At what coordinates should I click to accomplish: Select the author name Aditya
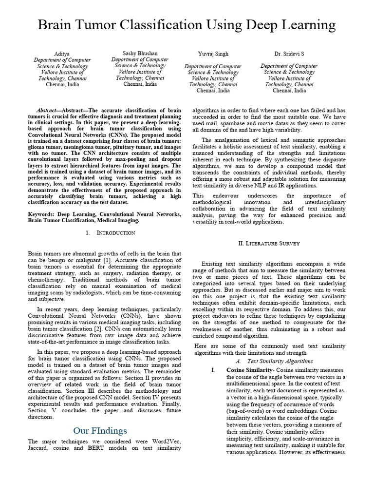pos(62,53)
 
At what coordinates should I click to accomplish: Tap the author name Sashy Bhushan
pos(140,53)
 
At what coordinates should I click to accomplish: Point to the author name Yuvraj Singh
pos(213,53)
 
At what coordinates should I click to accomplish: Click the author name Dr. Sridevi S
pos(289,53)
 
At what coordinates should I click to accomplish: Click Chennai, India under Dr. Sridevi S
pos(289,90)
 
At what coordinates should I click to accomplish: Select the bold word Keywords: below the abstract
pos(42,214)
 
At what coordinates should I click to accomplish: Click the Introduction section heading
pos(116,233)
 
